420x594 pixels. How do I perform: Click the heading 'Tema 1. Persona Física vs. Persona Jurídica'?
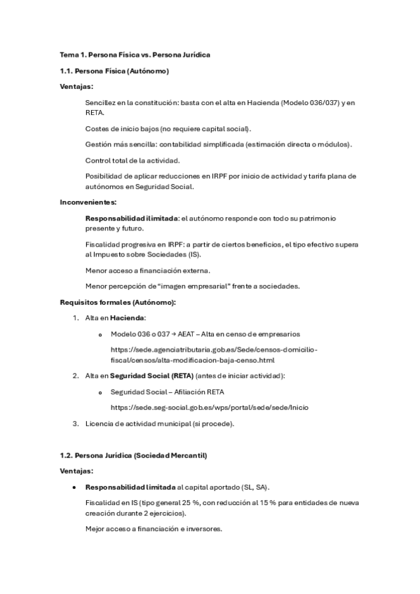click(x=135, y=55)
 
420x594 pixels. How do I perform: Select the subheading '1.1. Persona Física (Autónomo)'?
click(x=114, y=71)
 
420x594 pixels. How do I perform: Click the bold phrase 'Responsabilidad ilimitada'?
click(x=130, y=219)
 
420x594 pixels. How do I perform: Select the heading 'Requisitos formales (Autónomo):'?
click(x=118, y=302)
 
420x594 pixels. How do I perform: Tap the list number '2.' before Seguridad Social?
click(x=76, y=376)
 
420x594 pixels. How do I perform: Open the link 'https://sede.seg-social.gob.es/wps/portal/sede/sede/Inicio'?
click(x=210, y=407)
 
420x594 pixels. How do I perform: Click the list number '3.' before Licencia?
click(x=76, y=422)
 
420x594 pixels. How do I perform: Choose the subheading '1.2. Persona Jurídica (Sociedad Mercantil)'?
click(x=133, y=455)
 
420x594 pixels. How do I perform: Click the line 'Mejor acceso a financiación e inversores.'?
click(x=154, y=529)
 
